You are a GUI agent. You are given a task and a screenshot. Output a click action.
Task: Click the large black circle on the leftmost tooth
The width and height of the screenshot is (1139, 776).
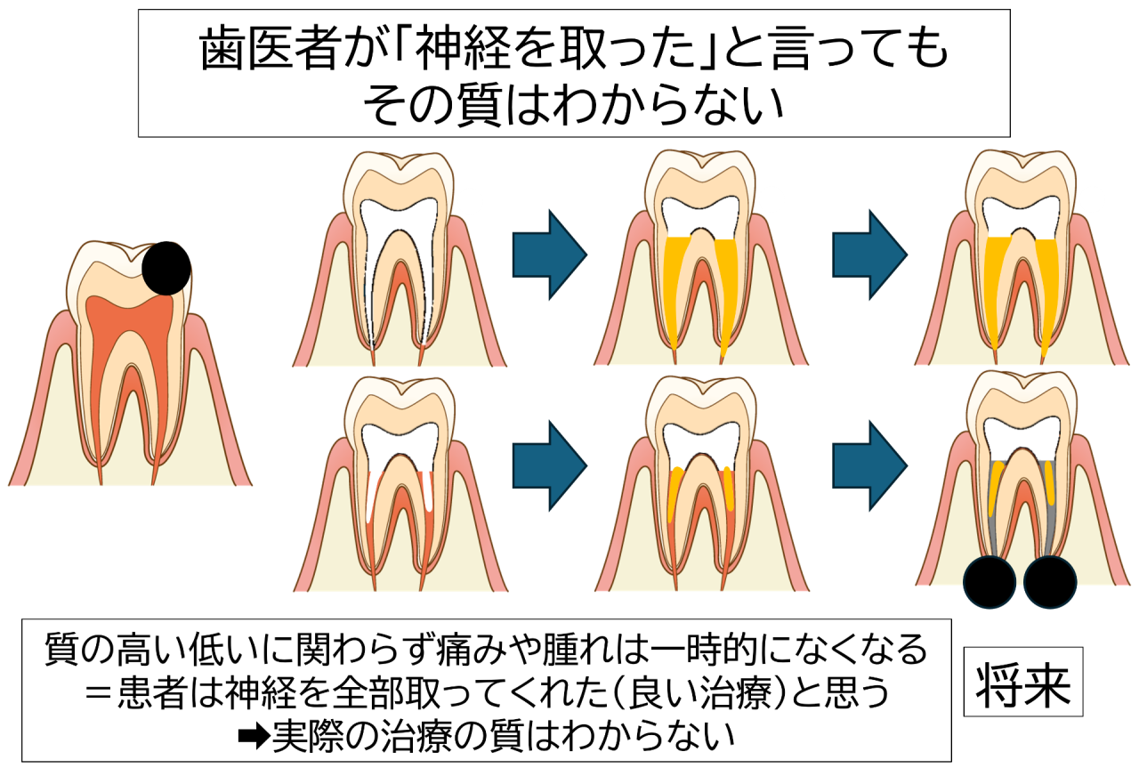point(167,268)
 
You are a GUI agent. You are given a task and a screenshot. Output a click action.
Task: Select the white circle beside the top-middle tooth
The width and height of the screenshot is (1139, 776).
point(771,200)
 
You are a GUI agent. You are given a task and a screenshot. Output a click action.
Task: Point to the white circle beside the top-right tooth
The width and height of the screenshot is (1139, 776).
point(1092,200)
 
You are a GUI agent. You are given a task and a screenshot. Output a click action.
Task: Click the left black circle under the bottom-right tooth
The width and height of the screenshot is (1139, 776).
point(990,583)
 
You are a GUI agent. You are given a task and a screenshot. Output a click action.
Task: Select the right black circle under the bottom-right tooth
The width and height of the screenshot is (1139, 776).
point(1050,583)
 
